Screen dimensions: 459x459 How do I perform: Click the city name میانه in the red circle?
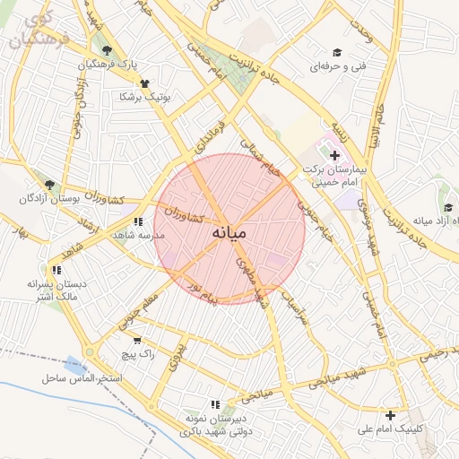tap(230, 232)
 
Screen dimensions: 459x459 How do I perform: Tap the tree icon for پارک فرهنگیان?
tap(107, 50)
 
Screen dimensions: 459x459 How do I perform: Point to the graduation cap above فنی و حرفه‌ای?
tap(337, 53)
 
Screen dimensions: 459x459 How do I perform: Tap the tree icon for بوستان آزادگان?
tap(49, 185)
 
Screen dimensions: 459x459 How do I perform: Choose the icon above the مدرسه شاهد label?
tap(136, 221)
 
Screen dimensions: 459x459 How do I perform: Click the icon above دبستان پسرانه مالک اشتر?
tap(56, 270)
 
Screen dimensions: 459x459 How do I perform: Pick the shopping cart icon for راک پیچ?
tap(136, 341)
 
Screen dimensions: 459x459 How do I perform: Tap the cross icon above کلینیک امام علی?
tap(390, 415)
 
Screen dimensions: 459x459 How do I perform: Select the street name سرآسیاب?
tap(301, 307)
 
